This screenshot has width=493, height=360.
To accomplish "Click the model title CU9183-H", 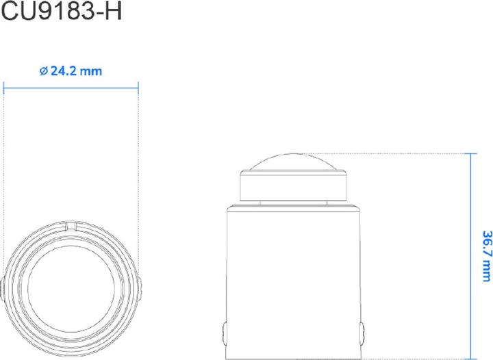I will (61, 12).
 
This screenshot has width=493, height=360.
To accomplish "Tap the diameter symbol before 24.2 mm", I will (44, 71).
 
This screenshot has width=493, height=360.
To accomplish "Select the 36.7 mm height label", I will (485, 255).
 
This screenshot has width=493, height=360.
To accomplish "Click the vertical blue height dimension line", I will (470, 205).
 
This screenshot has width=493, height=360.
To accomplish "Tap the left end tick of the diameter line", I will (4, 86).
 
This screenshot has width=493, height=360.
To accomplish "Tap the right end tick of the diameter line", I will (138, 86).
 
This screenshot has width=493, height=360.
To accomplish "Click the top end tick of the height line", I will (470, 154).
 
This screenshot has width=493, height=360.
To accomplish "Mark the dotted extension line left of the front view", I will (4, 171).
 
